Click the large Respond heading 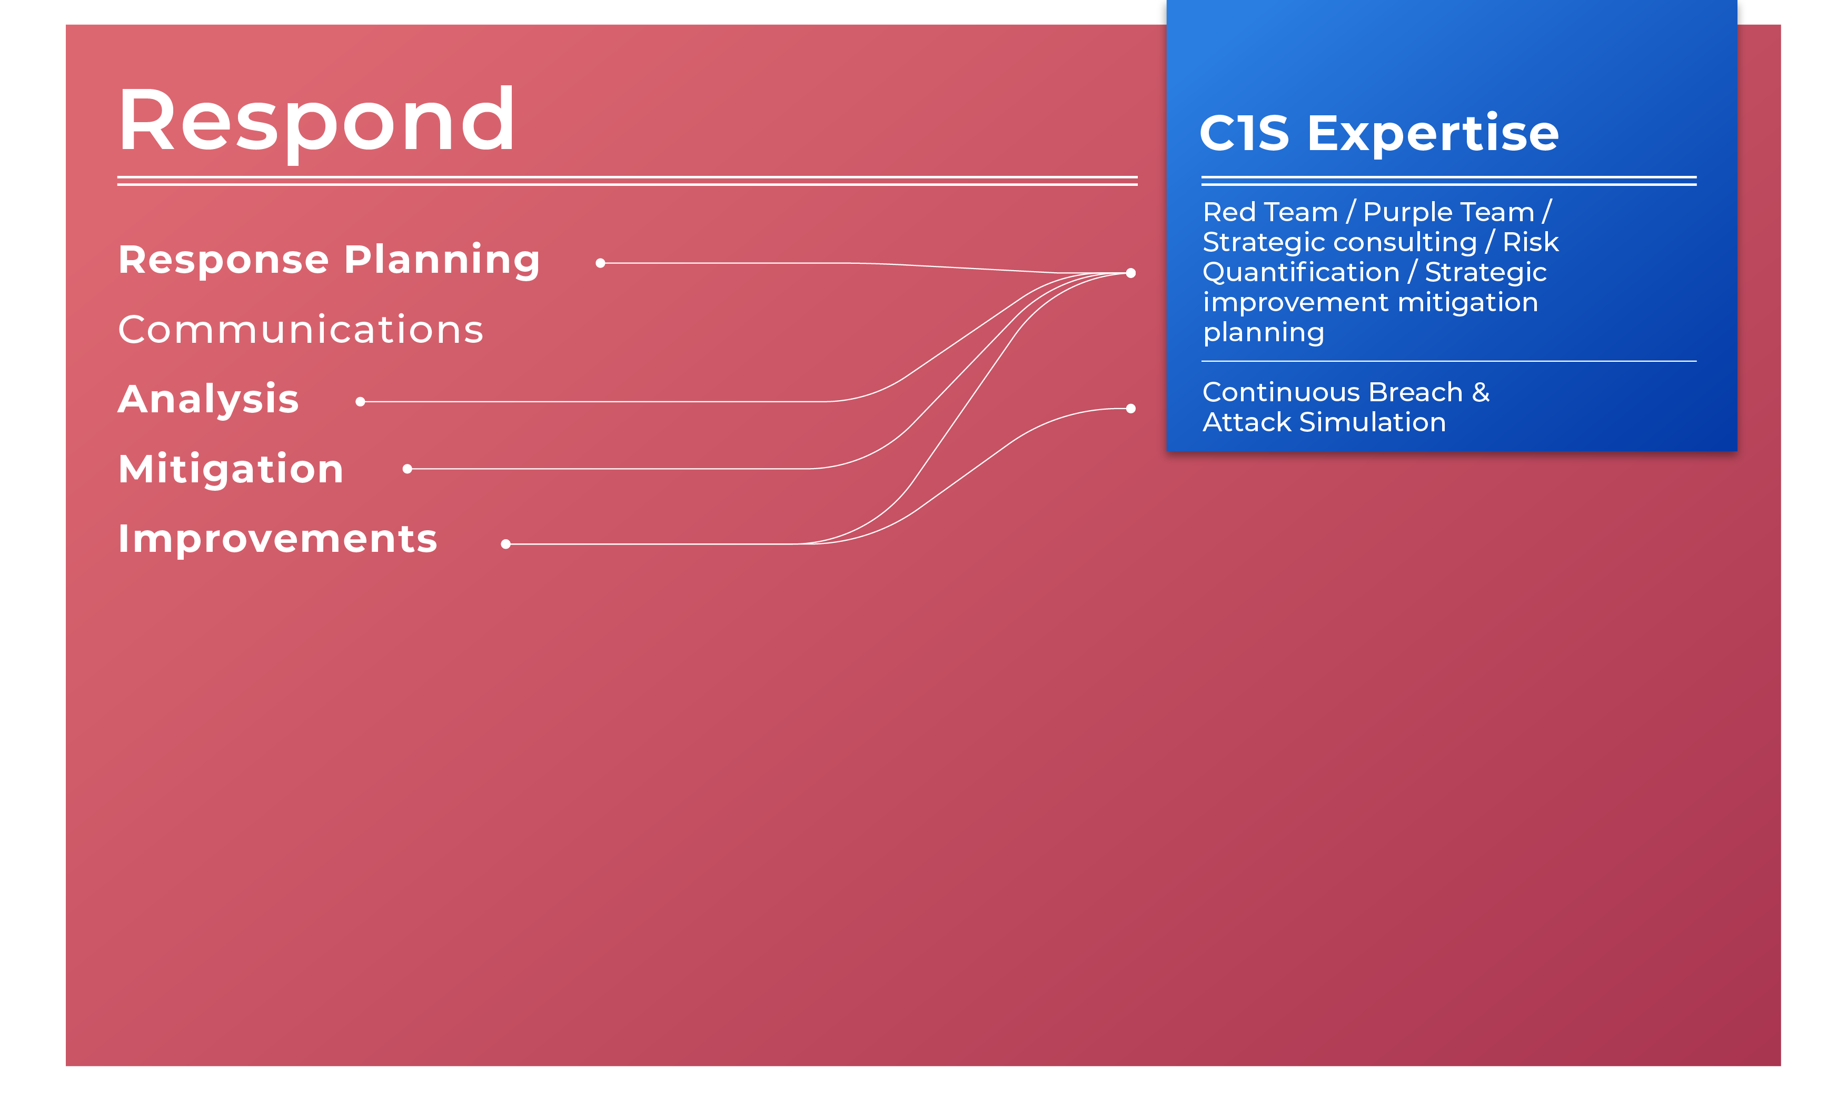tap(316, 122)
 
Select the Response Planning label tap(329, 260)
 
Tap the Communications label tap(301, 330)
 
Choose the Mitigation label tap(231, 469)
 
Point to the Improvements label tap(277, 539)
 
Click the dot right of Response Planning tap(600, 263)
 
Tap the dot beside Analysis tap(361, 402)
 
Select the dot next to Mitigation tap(408, 469)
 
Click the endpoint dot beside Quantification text tap(1130, 273)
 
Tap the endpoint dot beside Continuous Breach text tap(1130, 409)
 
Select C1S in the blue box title tap(1244, 133)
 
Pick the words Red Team tap(1270, 212)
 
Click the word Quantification tap(1301, 272)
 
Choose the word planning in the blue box tap(1264, 333)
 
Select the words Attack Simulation tap(1324, 423)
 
